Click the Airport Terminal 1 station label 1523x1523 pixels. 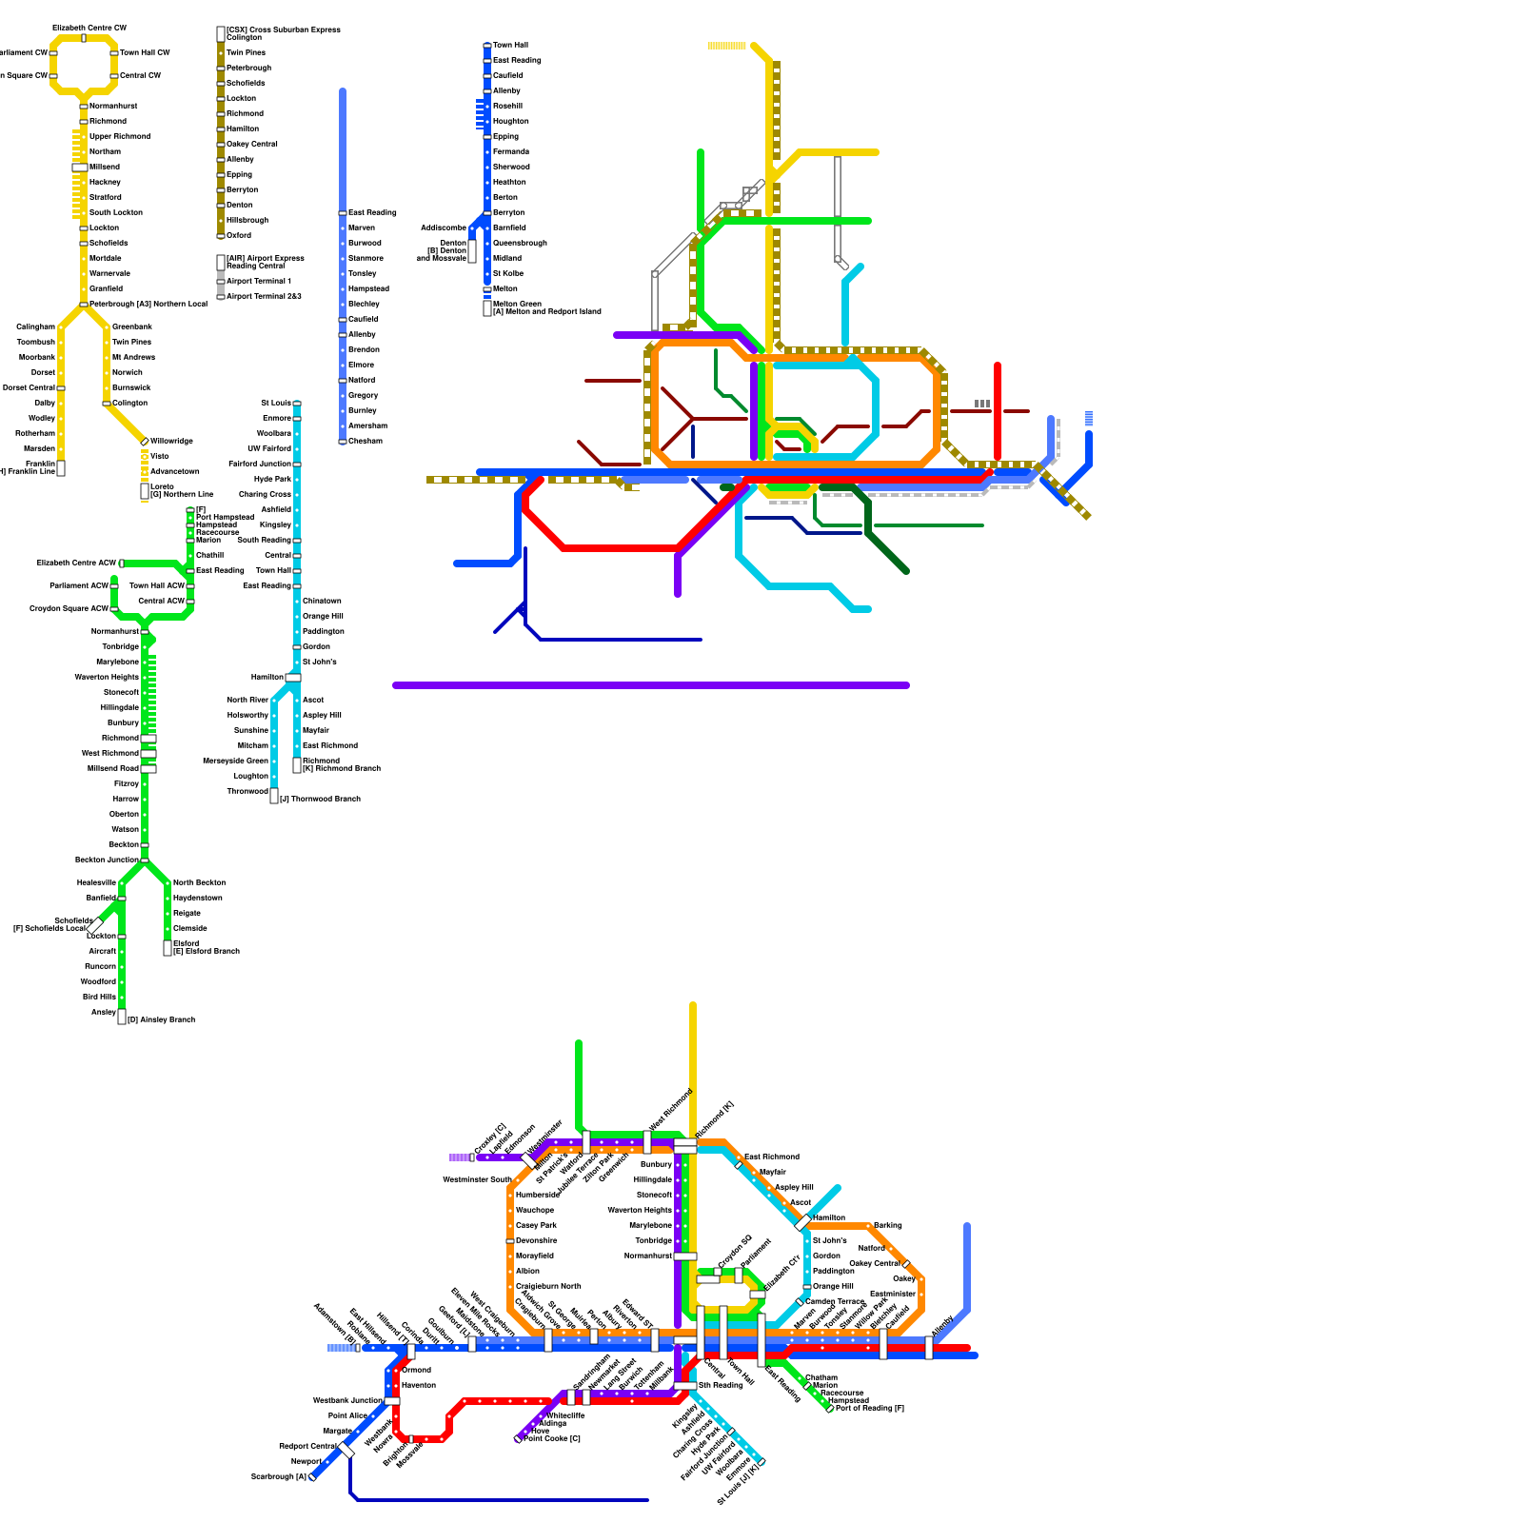(259, 282)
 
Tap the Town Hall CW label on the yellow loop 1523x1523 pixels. (145, 53)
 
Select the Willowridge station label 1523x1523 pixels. (171, 442)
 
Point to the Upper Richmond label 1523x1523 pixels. (120, 137)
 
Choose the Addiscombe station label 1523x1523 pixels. (444, 228)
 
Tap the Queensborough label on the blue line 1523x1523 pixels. (520, 244)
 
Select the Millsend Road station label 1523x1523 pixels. (113, 769)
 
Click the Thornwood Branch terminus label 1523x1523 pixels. (321, 800)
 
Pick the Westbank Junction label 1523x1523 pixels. (347, 1401)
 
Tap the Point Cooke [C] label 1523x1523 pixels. (552, 1439)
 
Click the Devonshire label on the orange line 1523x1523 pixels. (537, 1241)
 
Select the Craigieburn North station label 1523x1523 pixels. (548, 1287)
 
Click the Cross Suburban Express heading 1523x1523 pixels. (284, 30)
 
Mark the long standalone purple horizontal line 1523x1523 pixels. (651, 685)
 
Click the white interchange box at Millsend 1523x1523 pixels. (80, 168)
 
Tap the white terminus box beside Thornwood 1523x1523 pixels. (274, 796)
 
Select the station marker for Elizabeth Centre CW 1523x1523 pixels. (84, 38)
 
